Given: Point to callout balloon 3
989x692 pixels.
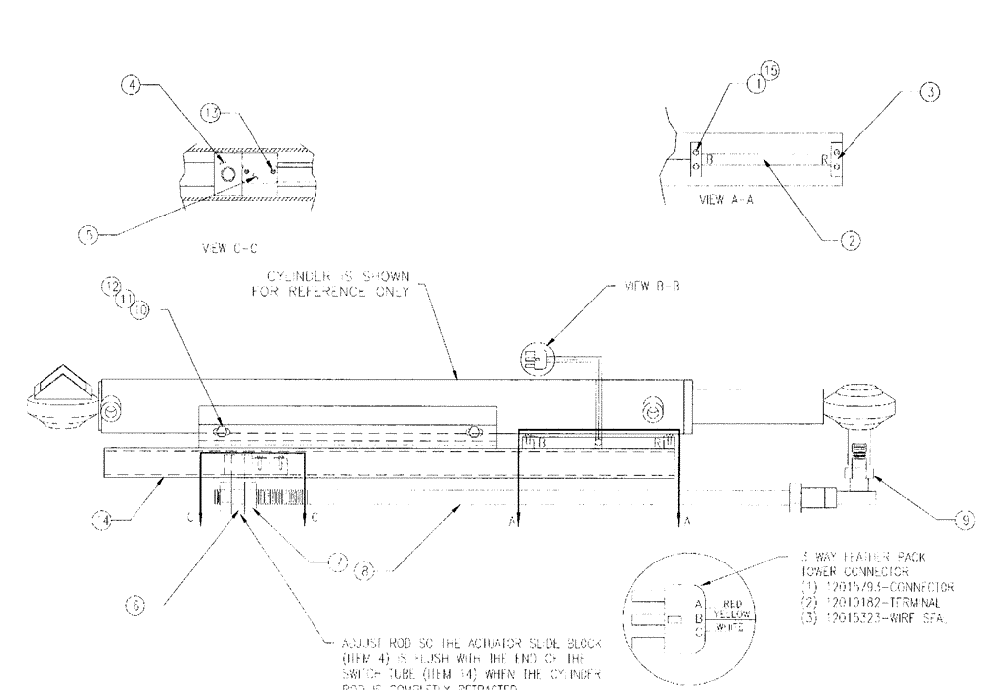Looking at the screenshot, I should (x=928, y=92).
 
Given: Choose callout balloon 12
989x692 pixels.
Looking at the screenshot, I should (x=110, y=288).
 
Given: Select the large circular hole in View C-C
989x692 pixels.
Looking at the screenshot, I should (x=226, y=174).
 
